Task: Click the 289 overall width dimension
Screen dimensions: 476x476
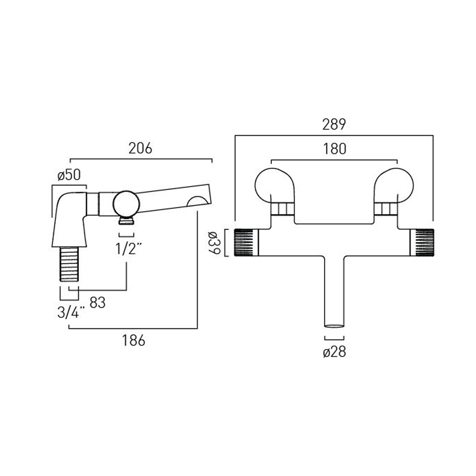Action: tap(334, 124)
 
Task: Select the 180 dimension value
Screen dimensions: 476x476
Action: tap(334, 149)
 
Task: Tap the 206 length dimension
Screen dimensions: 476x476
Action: tap(140, 148)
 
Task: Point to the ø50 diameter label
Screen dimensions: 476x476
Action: tap(69, 175)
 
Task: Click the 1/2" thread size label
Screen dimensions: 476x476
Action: tap(128, 249)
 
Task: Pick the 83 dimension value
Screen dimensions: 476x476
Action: tap(97, 303)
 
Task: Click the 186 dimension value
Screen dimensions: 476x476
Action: tap(134, 340)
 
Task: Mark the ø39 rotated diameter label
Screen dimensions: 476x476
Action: tap(214, 243)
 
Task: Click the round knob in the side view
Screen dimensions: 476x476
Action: tap(126, 203)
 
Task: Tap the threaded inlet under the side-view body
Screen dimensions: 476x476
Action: tap(69, 264)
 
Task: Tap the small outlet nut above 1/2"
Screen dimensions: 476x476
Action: tap(126, 221)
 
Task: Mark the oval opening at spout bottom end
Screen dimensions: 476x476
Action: tap(334, 326)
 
